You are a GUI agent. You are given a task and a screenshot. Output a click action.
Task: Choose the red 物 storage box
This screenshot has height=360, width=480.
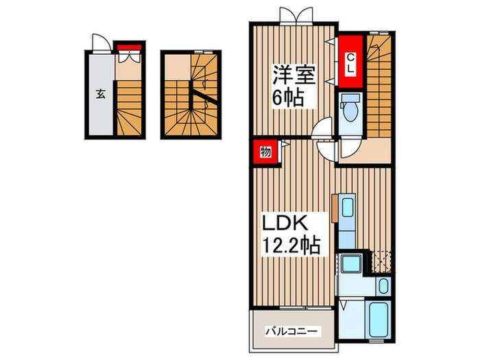click(265, 152)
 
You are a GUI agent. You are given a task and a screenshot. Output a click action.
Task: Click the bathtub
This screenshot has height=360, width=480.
click(379, 321)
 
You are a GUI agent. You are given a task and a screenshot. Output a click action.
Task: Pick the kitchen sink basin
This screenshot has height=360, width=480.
click(346, 208)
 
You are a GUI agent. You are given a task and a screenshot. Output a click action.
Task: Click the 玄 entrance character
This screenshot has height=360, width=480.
click(100, 93)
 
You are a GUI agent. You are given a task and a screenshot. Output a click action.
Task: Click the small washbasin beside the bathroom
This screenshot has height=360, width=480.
click(383, 286)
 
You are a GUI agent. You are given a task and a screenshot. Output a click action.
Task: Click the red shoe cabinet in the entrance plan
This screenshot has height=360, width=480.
click(128, 48)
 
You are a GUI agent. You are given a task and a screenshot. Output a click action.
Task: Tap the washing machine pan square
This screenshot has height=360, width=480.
click(354, 263)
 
